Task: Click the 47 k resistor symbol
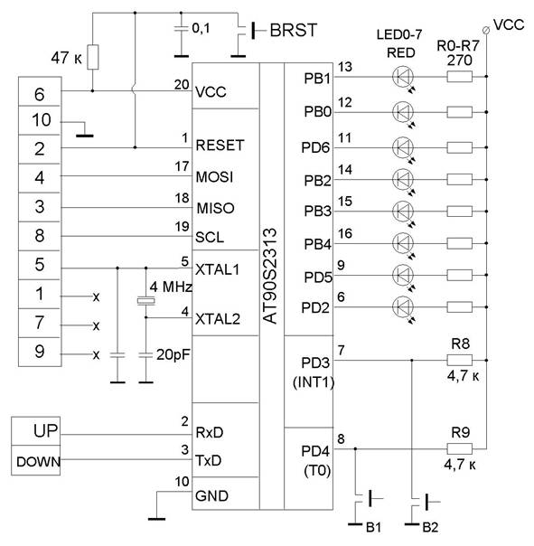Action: pos(92,57)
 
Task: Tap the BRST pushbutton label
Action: pos(294,31)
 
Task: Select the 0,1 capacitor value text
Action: pos(201,29)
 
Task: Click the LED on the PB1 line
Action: pos(403,77)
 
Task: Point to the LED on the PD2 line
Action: pos(403,307)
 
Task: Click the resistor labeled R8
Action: pos(460,360)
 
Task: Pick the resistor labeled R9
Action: pos(460,449)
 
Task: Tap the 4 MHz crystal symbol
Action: pos(145,301)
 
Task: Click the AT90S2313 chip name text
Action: pos(270,276)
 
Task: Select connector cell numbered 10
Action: pos(40,120)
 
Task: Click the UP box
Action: pos(35,430)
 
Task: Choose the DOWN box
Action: pos(35,460)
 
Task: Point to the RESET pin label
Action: pos(220,146)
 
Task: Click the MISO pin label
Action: pos(215,208)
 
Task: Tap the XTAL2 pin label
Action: pos(218,319)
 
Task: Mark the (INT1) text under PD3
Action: pos(314,382)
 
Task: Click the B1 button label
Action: pos(373,528)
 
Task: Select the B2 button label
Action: pos(430,528)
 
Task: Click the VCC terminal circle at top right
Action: pos(487,31)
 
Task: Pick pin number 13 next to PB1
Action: pos(345,67)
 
